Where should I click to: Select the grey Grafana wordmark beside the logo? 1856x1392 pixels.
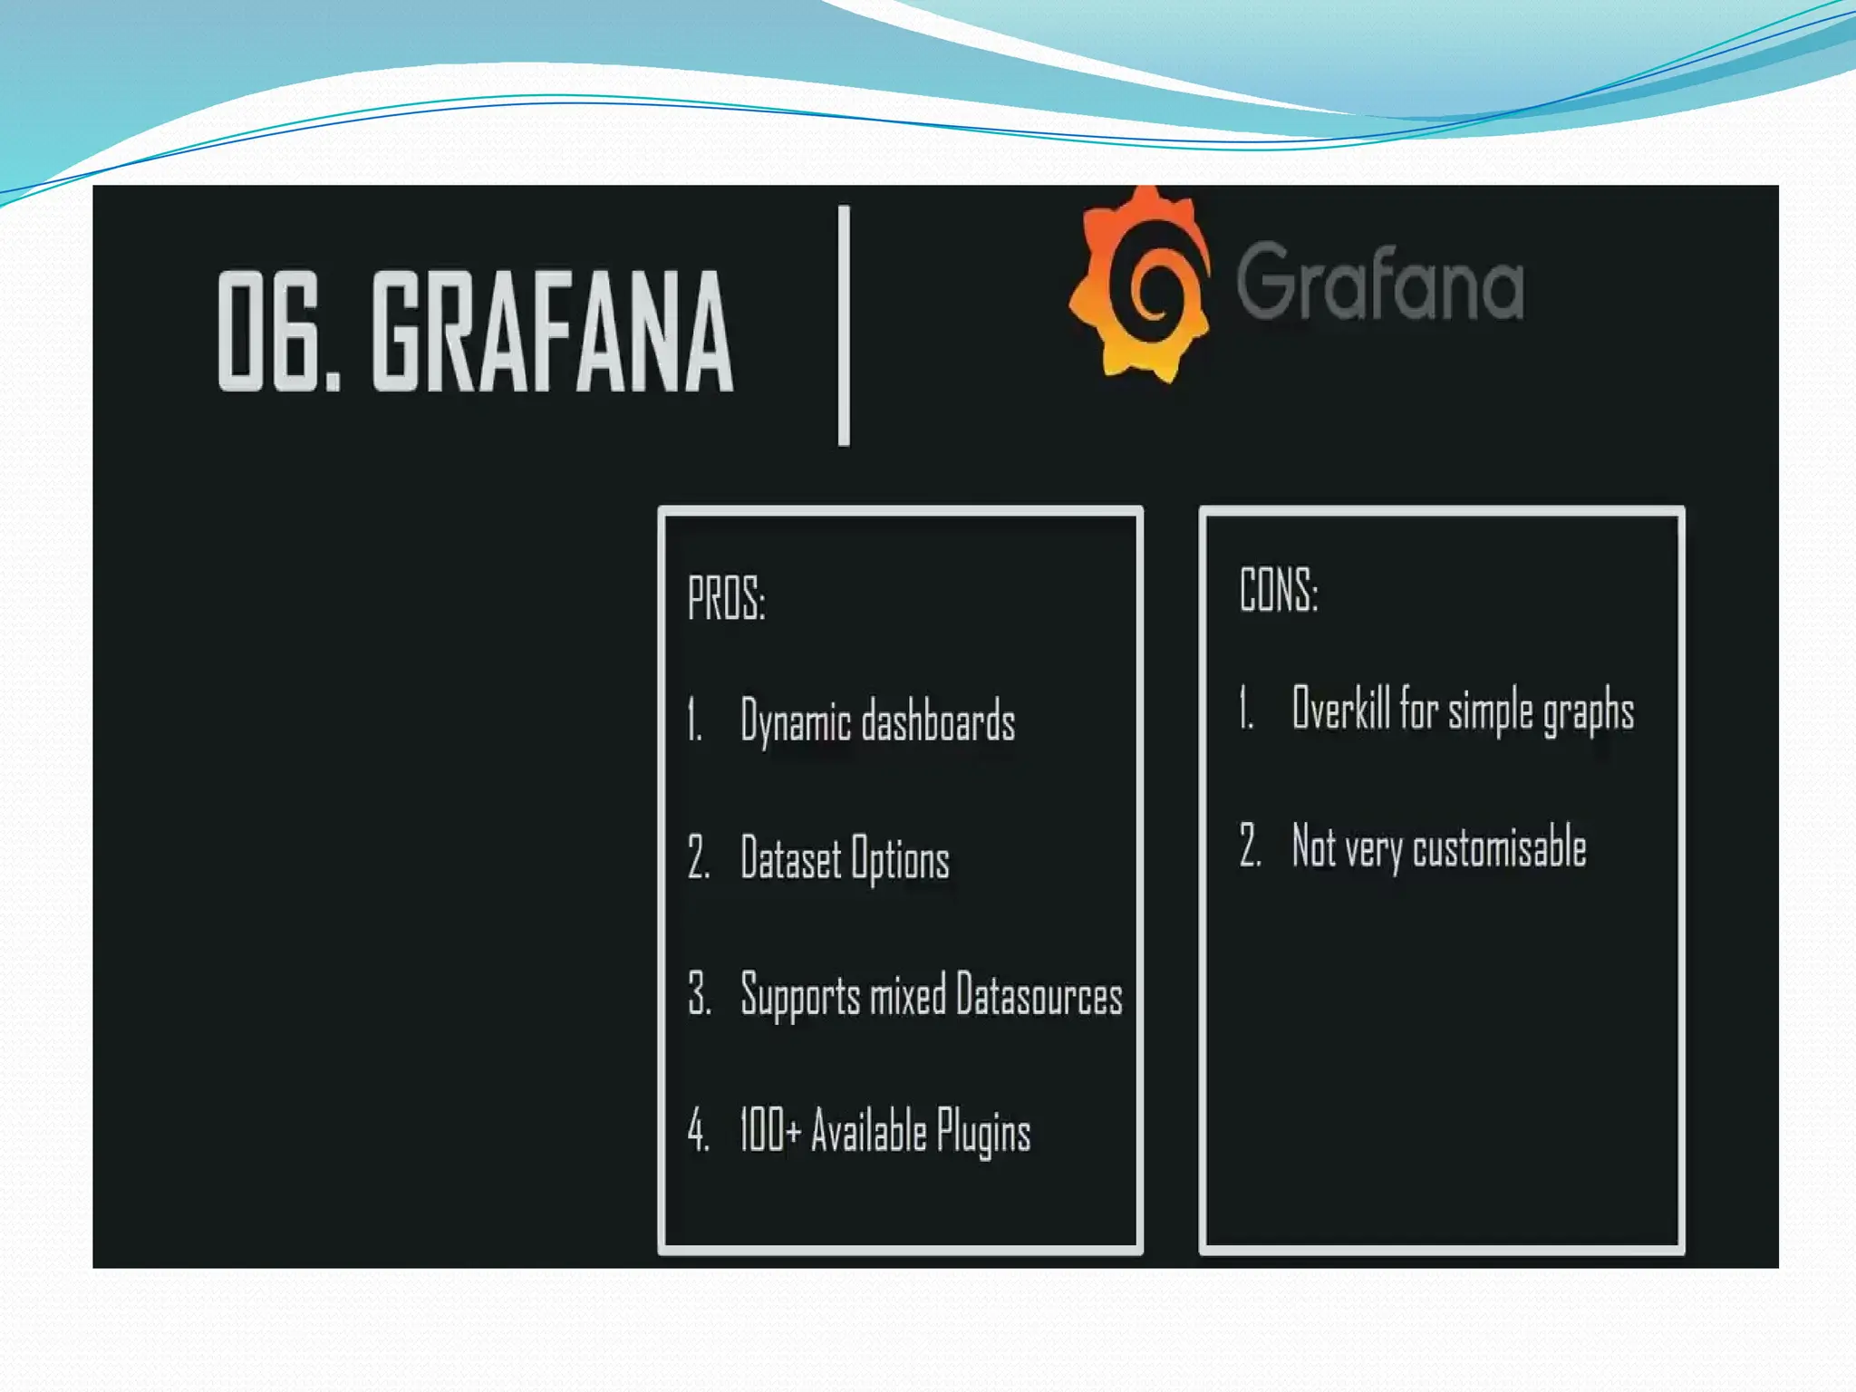click(x=1379, y=282)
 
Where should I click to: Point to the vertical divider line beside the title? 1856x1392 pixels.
click(x=844, y=325)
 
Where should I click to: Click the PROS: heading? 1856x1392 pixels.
click(x=726, y=599)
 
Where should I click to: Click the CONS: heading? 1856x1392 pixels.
click(x=1278, y=590)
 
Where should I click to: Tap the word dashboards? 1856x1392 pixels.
click(x=938, y=722)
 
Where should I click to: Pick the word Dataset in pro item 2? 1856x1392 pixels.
click(x=789, y=858)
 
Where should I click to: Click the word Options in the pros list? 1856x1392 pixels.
click(x=900, y=859)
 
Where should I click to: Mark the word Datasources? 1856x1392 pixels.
click(x=1039, y=995)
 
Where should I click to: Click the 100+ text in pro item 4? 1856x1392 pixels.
click(x=769, y=1131)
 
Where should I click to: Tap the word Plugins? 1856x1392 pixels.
click(x=983, y=1133)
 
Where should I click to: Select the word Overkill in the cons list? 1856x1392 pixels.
click(x=1340, y=708)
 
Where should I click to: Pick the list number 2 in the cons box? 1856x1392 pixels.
click(x=1250, y=846)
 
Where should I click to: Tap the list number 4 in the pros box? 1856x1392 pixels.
click(x=697, y=1131)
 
